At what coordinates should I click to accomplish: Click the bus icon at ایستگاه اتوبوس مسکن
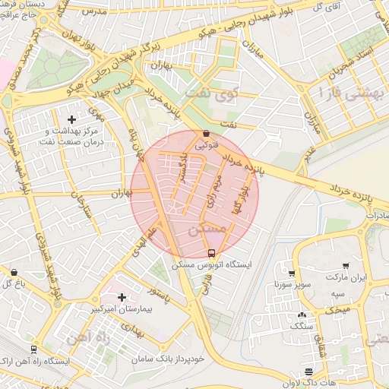point(211,253)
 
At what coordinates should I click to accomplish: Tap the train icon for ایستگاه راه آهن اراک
point(33,349)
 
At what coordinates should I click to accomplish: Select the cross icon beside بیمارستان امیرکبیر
point(122,296)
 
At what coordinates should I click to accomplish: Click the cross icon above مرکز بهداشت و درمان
point(72,119)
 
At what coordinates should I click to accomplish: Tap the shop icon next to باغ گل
point(14,271)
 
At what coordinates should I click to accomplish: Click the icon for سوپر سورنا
point(292,273)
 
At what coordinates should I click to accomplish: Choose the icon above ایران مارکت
point(346,266)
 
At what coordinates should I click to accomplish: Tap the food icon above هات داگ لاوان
point(308,372)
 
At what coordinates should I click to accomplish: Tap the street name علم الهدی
point(147,242)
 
